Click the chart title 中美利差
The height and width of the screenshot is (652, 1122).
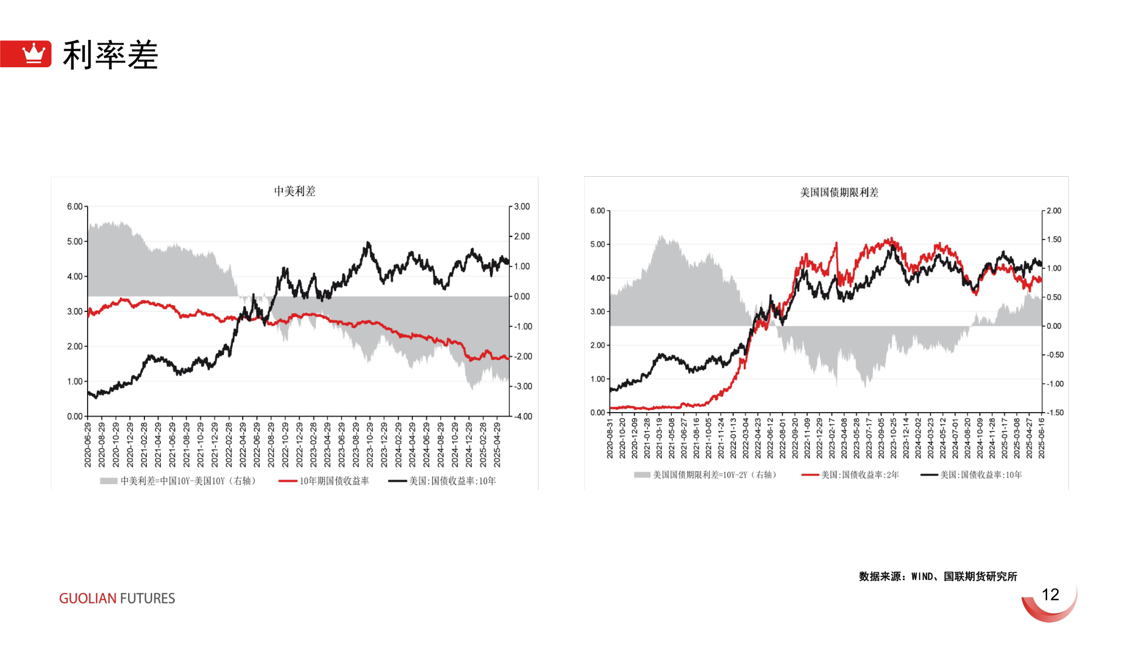tap(295, 191)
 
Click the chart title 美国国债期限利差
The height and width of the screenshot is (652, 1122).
tap(839, 193)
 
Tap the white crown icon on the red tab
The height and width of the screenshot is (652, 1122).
tap(33, 53)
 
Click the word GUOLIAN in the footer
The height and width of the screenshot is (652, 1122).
tap(88, 598)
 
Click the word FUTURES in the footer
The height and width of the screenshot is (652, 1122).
tap(147, 598)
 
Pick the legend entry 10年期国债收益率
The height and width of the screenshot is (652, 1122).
tap(334, 481)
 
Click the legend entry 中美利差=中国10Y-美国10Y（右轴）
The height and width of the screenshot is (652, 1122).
tap(188, 481)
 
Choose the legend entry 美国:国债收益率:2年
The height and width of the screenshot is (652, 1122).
tap(859, 475)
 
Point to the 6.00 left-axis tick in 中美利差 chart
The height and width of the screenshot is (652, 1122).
tap(75, 207)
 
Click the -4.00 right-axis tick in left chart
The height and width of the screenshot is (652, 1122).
tap(523, 417)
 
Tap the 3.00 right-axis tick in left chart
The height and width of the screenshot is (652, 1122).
tap(522, 207)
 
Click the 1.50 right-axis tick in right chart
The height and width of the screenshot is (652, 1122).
tap(1054, 239)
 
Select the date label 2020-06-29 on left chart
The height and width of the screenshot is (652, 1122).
tap(88, 445)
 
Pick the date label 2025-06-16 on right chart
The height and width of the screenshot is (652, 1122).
tap(1041, 438)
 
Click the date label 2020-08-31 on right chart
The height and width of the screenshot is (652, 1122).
tap(610, 438)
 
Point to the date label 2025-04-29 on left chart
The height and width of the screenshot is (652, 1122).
tap(497, 445)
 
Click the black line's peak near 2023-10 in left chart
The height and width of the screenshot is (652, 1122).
tap(368, 242)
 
